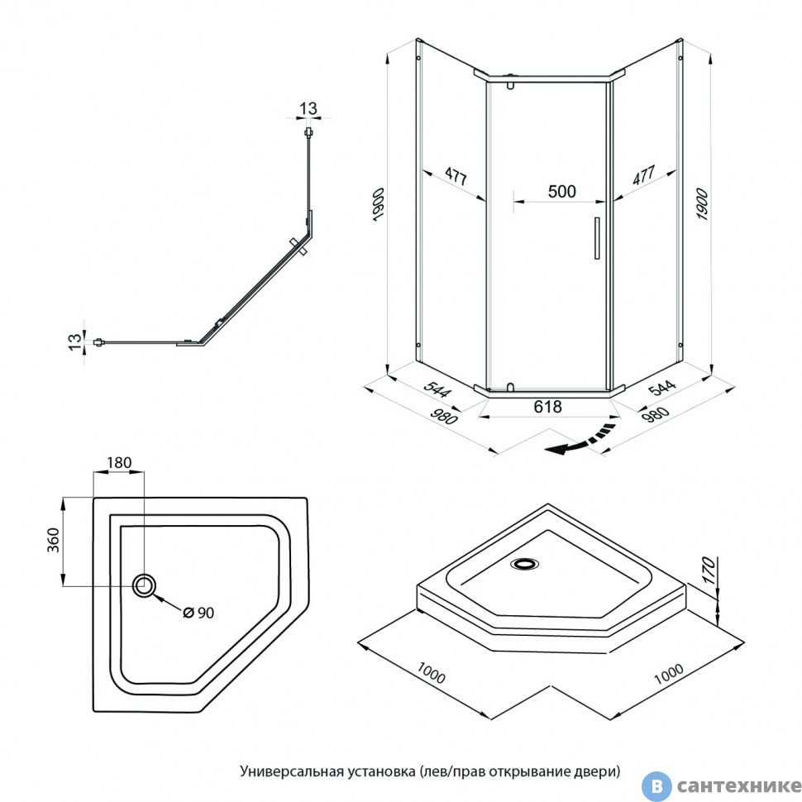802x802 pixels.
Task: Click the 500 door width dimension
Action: click(x=561, y=191)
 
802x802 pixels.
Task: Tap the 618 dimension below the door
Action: click(x=548, y=407)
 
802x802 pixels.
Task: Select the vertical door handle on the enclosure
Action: click(x=595, y=238)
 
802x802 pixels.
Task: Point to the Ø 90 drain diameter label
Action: click(x=198, y=612)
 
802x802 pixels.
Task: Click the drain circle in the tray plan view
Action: click(x=144, y=585)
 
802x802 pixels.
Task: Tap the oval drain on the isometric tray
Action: click(x=523, y=565)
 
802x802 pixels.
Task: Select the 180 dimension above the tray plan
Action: click(x=119, y=462)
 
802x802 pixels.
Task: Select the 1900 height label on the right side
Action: click(x=702, y=203)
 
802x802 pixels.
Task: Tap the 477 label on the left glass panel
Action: click(x=455, y=176)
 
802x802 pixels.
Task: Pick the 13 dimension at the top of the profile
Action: click(x=308, y=109)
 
